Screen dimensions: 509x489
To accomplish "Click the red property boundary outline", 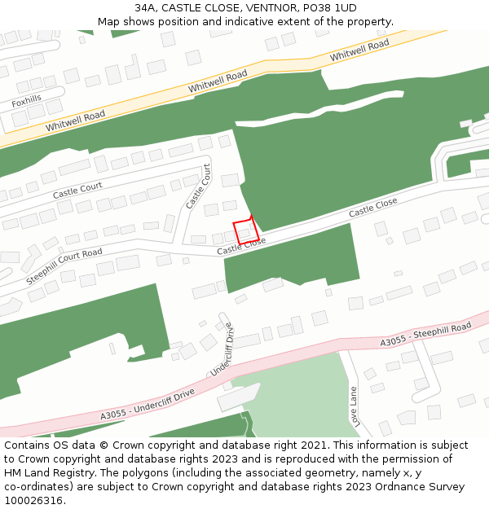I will point(243,230).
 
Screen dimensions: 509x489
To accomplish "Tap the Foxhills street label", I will point(26,103).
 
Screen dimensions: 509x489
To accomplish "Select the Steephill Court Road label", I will point(64,265).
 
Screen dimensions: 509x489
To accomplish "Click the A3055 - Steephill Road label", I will point(425,335).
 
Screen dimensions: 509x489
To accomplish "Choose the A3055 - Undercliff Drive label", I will point(148,405).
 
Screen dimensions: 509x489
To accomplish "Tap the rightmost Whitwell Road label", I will point(359,51).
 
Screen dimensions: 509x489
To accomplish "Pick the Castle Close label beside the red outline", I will point(241,246).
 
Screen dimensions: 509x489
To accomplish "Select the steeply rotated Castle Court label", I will point(198,186).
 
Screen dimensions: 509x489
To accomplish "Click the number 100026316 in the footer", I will point(33,501).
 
